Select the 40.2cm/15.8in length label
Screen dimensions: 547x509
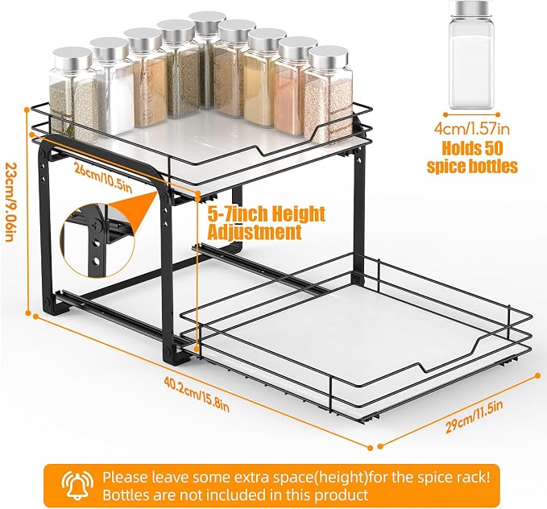(x=197, y=394)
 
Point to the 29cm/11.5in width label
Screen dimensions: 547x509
(x=474, y=416)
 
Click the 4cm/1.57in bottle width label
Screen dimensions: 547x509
(x=471, y=129)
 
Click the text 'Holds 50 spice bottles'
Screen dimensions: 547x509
(x=472, y=157)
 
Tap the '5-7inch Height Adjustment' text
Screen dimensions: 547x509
(x=266, y=223)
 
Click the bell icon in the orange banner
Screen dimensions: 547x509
(x=77, y=485)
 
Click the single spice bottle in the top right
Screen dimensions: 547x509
(x=471, y=55)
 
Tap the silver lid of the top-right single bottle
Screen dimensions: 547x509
(x=471, y=9)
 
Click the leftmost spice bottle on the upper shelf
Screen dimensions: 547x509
(x=73, y=94)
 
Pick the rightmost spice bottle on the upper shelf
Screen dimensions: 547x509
(x=328, y=94)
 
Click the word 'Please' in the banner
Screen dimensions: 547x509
(x=125, y=478)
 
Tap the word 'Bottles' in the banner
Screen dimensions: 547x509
(x=126, y=495)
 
